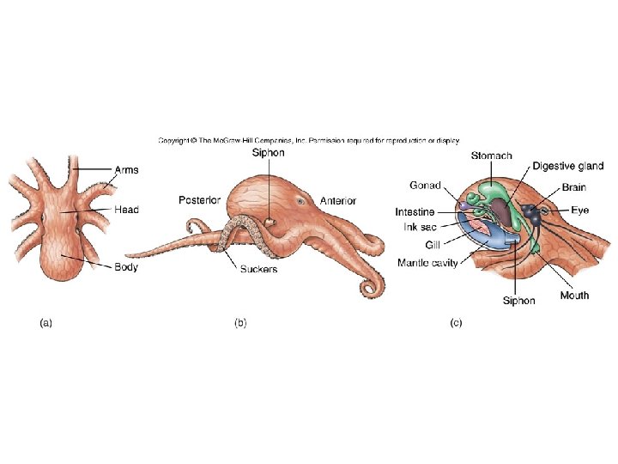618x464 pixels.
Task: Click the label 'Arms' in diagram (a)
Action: point(126,170)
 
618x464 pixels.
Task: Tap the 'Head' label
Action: point(126,209)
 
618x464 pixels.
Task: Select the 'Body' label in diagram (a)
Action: point(126,267)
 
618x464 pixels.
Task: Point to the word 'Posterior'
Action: point(200,200)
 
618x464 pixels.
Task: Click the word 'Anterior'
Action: point(338,200)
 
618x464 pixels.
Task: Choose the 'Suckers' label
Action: point(258,269)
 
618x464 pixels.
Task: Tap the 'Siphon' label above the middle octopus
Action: point(268,152)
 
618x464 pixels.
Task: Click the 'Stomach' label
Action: point(492,156)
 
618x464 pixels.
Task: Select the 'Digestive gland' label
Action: point(568,166)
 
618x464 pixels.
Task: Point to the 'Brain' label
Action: point(574,187)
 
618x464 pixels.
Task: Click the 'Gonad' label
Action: point(426,185)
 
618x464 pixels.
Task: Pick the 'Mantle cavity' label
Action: point(427,263)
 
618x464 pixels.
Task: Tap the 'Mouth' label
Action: point(574,296)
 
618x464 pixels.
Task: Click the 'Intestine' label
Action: point(416,211)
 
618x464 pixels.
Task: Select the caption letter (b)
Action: point(241,323)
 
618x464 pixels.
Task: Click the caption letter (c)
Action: point(457,323)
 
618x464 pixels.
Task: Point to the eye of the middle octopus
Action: point(302,201)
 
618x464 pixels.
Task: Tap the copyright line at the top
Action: point(309,139)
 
